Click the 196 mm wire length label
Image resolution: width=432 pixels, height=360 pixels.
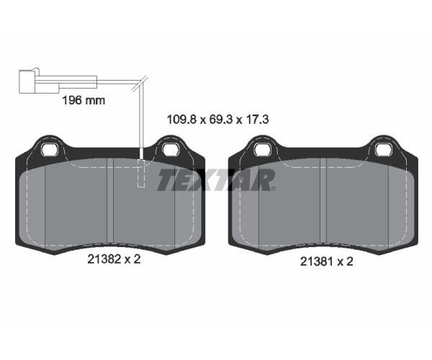click(x=84, y=100)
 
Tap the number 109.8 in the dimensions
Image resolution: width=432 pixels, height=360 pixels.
click(x=181, y=120)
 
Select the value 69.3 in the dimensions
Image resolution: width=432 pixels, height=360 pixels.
click(x=221, y=120)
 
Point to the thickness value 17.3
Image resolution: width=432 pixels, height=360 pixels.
click(x=258, y=120)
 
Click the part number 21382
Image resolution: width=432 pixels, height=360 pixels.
click(x=104, y=259)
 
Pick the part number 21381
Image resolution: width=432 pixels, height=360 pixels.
click(x=317, y=261)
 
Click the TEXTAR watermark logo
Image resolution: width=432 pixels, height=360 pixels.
click(x=216, y=179)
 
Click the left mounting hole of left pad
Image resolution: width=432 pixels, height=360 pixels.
click(x=49, y=150)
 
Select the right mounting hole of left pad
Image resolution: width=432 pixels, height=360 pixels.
click(x=171, y=150)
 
